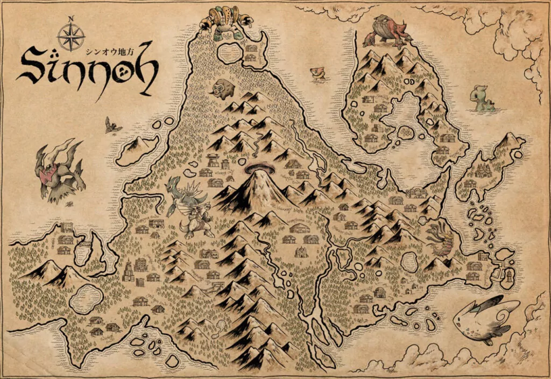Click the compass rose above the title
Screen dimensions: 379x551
71,37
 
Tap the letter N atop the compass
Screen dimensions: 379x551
71,19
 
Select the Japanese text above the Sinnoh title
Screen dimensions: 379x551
110,52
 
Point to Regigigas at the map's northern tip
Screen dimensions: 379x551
225,22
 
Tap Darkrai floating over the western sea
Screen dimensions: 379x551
58,170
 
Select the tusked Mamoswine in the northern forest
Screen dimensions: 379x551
222,88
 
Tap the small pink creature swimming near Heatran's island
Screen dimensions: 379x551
320,73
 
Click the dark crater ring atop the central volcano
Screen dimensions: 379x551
259,169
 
